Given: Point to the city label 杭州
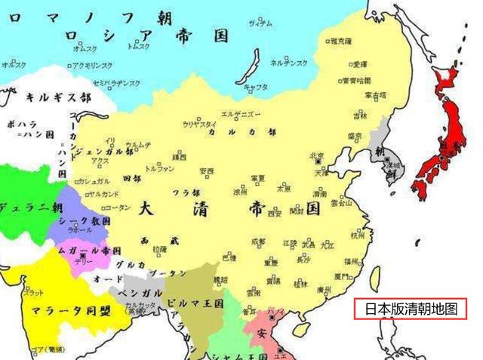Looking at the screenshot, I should [x=358, y=235].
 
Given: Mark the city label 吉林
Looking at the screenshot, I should [x=360, y=115].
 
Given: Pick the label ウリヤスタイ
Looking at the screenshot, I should [x=200, y=124].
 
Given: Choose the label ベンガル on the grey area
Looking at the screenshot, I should [x=141, y=293].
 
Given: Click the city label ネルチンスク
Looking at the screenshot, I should [x=289, y=63].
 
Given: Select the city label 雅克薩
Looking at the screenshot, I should [x=341, y=41].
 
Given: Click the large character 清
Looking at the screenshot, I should [x=203, y=209].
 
